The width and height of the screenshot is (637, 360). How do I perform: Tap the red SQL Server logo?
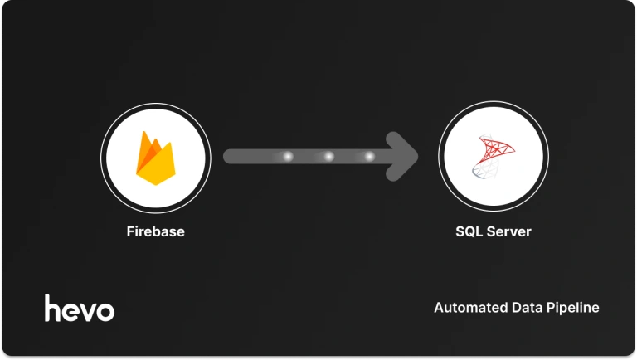(x=493, y=156)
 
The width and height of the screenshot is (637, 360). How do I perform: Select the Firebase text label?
(x=155, y=231)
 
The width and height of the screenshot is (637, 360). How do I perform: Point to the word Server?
(x=508, y=231)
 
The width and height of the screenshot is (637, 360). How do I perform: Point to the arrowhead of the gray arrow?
(x=406, y=156)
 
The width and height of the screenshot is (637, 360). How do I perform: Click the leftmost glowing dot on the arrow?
(x=288, y=156)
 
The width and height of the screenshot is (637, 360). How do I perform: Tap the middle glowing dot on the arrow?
(x=328, y=156)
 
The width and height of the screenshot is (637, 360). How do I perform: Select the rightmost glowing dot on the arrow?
(x=368, y=156)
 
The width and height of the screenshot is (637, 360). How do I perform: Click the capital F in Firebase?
(x=129, y=231)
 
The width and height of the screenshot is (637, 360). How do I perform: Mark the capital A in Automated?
(x=439, y=308)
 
